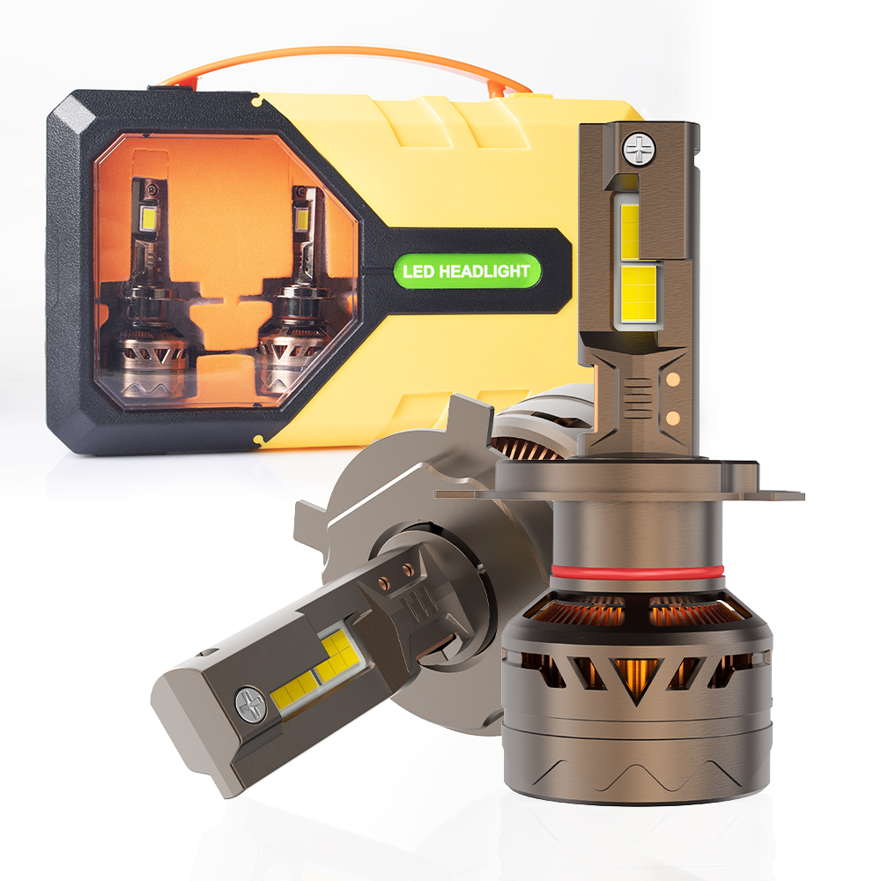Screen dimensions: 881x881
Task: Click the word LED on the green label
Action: point(418,272)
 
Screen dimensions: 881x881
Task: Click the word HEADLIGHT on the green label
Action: point(484,271)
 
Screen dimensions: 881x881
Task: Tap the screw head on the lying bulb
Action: point(250,704)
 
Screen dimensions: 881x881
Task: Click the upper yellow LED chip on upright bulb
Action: point(631,232)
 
